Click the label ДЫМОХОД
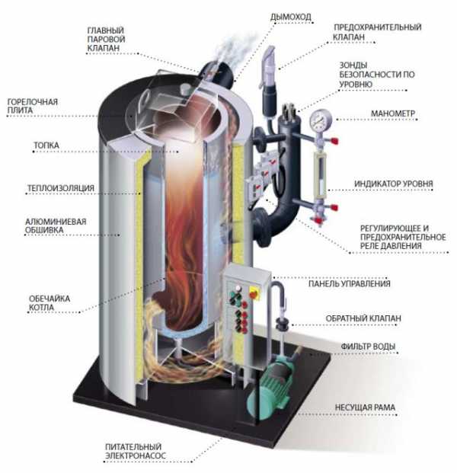point(290,17)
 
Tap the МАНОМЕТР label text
point(393,113)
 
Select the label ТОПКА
point(46,145)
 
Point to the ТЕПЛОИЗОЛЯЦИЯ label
point(61,188)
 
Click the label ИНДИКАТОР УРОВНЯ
point(393,184)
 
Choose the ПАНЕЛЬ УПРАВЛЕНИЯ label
point(350,283)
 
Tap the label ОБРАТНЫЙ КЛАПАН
point(363,318)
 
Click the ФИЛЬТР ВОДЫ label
point(368,347)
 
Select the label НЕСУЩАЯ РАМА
point(365,407)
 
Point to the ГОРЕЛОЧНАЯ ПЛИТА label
point(32,106)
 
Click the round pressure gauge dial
point(321,120)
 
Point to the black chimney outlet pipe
point(219,74)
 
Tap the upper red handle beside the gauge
point(334,141)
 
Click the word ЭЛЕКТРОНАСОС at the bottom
point(136,455)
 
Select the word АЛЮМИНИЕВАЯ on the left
point(56,222)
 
